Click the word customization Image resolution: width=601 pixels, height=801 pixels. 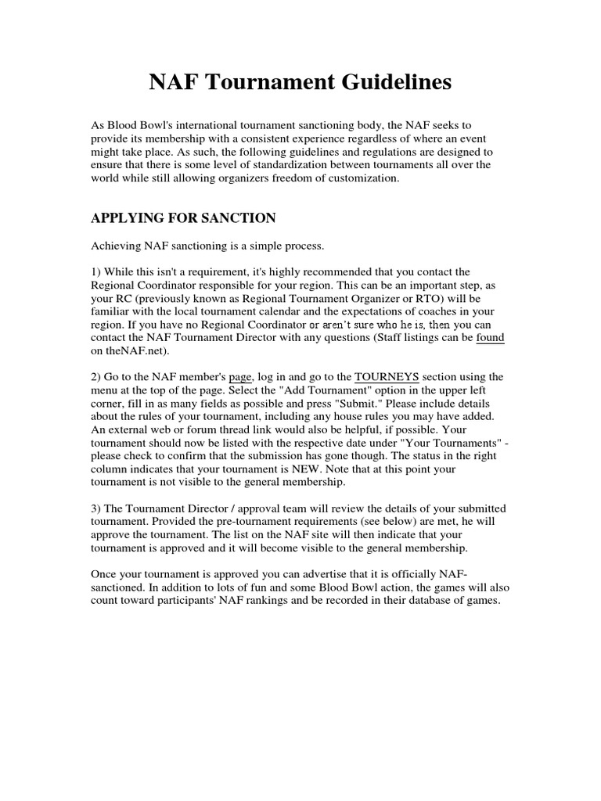click(x=355, y=178)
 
